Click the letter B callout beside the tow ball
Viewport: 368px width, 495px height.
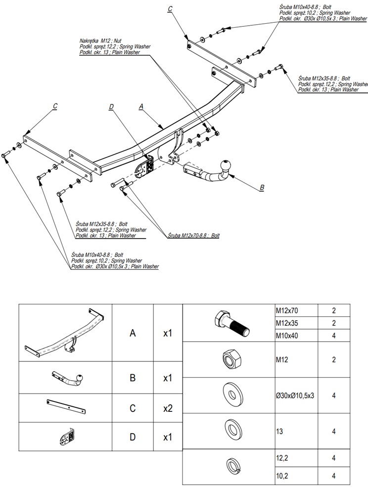coord(262,188)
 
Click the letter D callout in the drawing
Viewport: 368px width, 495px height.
coord(111,106)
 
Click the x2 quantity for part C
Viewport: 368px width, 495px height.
coord(168,409)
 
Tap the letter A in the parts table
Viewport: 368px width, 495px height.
coord(133,333)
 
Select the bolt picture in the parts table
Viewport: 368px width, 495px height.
coord(231,322)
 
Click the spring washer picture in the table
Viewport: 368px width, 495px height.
coord(231,465)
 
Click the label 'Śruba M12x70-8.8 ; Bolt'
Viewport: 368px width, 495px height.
coord(193,236)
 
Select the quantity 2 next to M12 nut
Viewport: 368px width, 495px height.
coord(334,359)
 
